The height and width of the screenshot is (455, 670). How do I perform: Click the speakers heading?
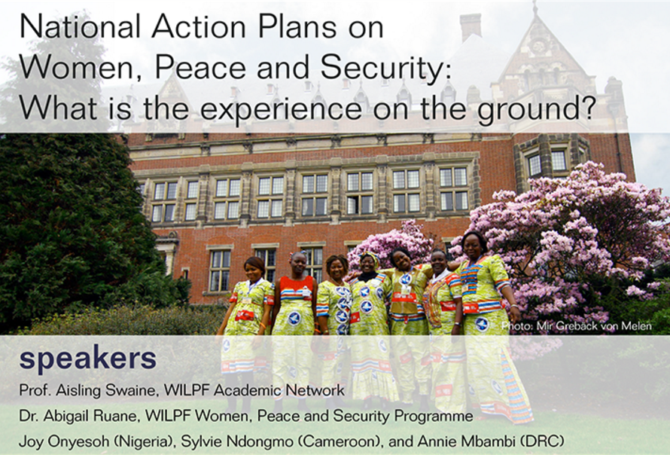click(x=88, y=359)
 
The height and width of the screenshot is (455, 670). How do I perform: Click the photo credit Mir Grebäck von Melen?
click(x=594, y=326)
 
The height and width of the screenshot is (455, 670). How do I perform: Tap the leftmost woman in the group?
click(x=245, y=325)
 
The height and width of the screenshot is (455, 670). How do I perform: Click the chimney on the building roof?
click(x=471, y=27)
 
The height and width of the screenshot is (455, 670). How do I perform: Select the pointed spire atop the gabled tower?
click(x=534, y=8)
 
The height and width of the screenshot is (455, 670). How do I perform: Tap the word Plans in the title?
click(x=296, y=27)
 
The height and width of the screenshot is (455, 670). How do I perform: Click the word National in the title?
click(x=80, y=27)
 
